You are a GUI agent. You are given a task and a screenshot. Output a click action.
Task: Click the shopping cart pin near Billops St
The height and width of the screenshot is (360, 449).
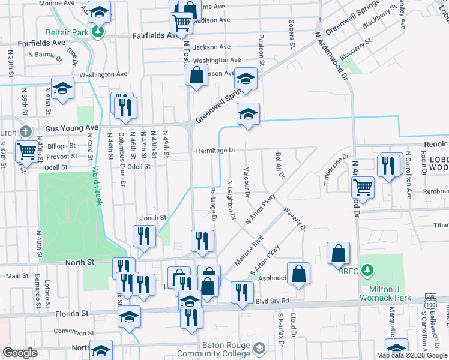click(26, 151)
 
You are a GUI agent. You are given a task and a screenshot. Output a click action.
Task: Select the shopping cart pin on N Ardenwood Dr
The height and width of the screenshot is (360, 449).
click(363, 187)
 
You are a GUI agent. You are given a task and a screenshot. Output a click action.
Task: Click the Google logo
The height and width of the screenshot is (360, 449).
click(21, 353)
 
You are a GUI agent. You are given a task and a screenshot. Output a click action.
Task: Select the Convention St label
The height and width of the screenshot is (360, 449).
click(74, 331)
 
